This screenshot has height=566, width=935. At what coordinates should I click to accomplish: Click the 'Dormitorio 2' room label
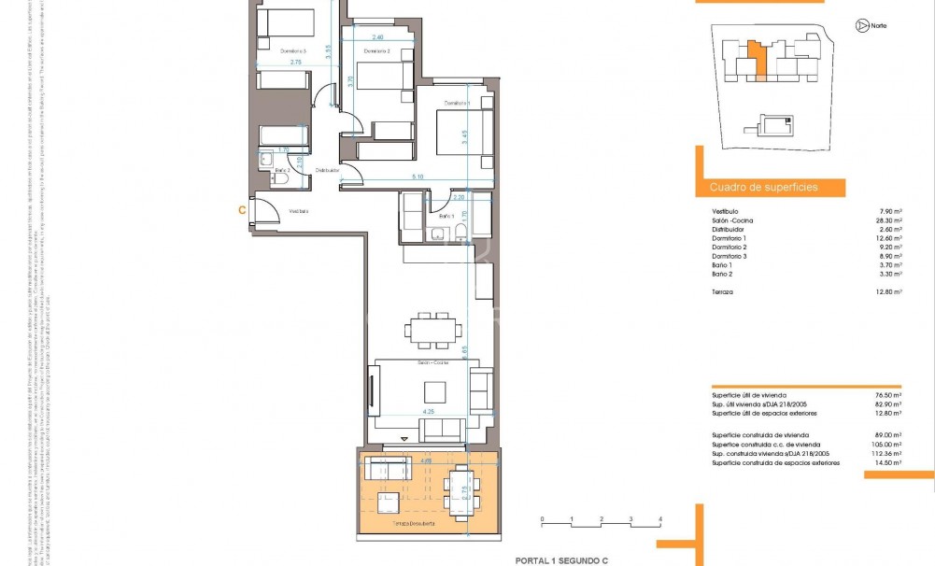[x=375, y=51]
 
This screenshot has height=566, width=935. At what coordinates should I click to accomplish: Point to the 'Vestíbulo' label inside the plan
[x=299, y=211]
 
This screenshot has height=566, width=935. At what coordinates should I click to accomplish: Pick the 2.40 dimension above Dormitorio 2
[x=377, y=37]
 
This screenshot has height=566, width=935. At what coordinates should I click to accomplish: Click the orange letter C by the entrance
[x=242, y=210]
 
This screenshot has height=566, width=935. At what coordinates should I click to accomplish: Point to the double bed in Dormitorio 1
[x=463, y=125]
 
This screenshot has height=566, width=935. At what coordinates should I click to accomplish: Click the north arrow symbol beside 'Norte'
[x=859, y=25]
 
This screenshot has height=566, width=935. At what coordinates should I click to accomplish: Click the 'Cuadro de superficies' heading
[x=764, y=188]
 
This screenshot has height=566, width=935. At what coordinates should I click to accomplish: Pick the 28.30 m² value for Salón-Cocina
[x=887, y=220]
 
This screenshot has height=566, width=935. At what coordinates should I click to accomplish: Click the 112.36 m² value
[x=885, y=454]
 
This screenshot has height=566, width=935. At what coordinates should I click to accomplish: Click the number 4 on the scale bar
[x=660, y=517]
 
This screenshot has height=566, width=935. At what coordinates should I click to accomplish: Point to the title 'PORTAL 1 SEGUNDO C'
[x=561, y=560]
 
